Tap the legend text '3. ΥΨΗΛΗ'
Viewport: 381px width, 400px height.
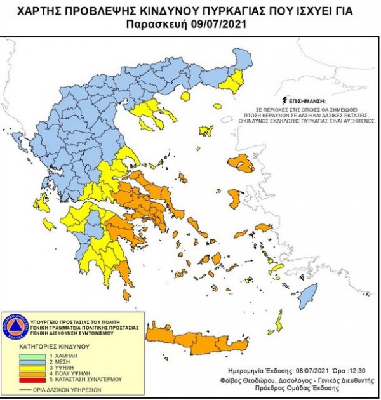click(68, 369)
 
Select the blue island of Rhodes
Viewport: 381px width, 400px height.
click(307, 295)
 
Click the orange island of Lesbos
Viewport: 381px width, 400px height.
click(243, 164)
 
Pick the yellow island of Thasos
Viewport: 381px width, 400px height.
click(185, 97)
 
